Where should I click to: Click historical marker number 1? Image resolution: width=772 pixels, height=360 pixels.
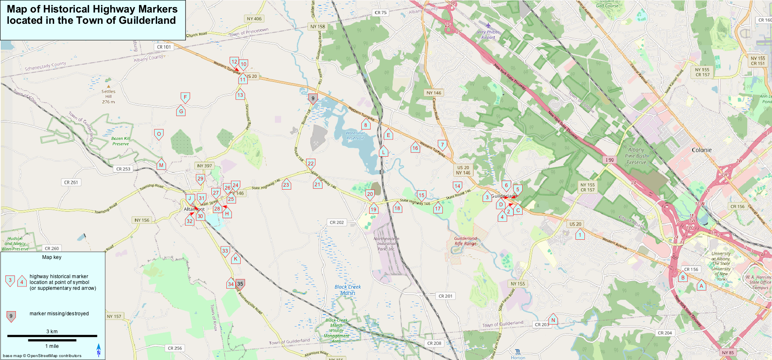coord(580,235)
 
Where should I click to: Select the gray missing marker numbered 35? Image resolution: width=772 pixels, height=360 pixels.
coord(240,284)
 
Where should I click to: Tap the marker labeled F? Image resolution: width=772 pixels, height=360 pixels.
coord(185,97)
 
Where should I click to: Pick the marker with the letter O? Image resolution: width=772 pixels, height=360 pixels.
coord(159,134)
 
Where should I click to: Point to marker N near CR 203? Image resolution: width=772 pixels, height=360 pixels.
coord(553,320)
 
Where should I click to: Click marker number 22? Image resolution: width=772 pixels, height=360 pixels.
coord(310,163)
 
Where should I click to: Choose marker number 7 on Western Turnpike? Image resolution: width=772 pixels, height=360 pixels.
coord(442,145)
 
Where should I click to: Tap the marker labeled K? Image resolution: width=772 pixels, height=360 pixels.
coord(236,259)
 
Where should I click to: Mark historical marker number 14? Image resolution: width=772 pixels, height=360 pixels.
coord(457,186)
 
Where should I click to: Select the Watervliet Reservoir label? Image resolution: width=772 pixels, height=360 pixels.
coord(355,135)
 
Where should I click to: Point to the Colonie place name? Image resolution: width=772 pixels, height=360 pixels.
coord(701,150)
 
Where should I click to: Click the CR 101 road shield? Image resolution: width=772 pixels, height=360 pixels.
coord(164,47)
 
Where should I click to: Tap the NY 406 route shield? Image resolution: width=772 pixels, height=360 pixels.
coord(254,19)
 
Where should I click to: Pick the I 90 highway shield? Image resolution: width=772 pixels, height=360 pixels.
coord(609,160)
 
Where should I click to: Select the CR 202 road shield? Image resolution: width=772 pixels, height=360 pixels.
coord(337,222)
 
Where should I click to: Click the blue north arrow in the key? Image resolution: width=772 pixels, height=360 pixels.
coord(99,350)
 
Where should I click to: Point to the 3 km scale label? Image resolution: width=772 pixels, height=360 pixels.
coord(52,332)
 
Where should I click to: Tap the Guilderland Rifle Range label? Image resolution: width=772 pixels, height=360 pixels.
coord(465,241)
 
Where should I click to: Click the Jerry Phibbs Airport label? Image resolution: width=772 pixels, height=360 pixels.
coord(488,34)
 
